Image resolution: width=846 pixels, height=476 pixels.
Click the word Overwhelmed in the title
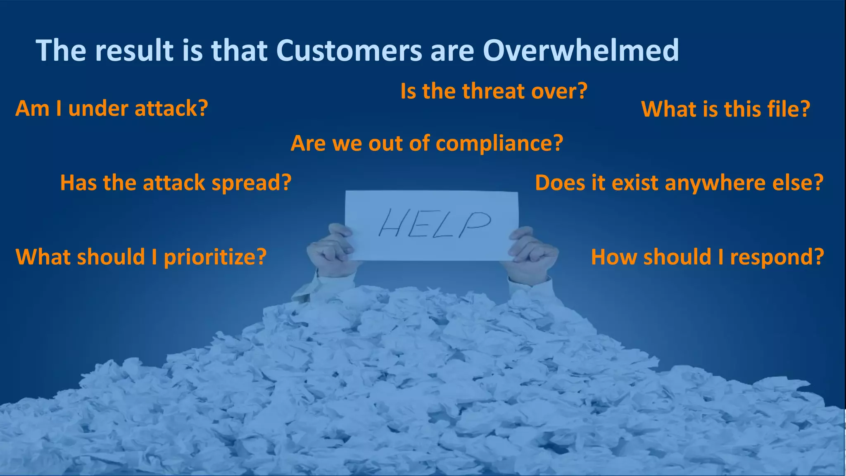tap(581, 50)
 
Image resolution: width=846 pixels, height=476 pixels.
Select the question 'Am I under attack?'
tap(112, 109)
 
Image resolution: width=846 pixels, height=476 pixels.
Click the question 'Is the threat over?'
tap(494, 91)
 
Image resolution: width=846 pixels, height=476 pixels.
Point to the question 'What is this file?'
tap(725, 109)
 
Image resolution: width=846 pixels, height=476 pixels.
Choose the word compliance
tap(499, 144)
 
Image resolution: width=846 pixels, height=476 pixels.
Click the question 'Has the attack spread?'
tap(176, 183)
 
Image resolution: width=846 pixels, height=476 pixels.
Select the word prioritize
tap(215, 257)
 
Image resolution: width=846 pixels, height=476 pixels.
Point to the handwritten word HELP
tap(434, 223)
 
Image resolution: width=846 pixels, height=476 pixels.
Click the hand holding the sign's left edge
tap(330, 250)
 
